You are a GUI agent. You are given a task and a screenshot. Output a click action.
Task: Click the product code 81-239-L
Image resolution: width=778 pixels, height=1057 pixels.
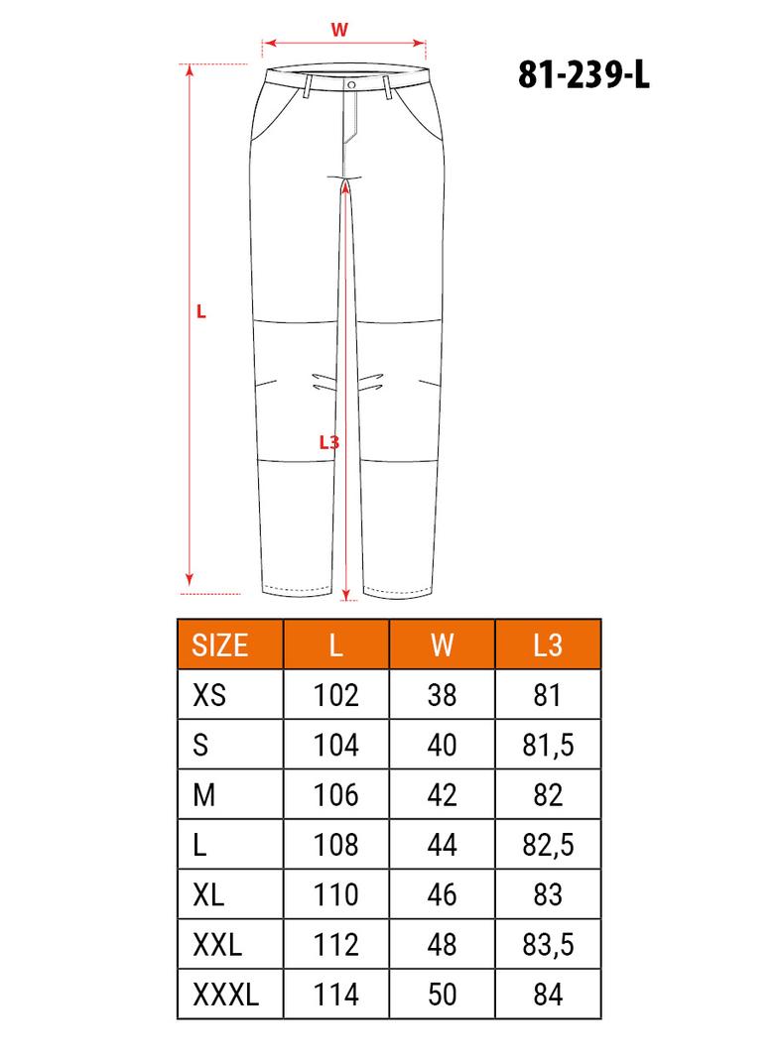pos(583,74)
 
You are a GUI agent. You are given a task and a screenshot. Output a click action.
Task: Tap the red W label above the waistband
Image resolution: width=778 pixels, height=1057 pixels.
pos(339,30)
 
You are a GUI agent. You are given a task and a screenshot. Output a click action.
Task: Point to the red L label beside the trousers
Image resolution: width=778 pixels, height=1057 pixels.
pos(201,311)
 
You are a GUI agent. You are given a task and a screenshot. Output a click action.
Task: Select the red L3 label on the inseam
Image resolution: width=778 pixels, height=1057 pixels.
pos(329,442)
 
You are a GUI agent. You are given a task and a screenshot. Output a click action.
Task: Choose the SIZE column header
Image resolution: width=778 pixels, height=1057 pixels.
pos(220,645)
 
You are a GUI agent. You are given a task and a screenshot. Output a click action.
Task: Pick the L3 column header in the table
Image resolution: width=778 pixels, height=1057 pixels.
pos(548,645)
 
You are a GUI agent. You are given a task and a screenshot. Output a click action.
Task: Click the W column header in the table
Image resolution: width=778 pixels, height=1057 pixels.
pos(443,645)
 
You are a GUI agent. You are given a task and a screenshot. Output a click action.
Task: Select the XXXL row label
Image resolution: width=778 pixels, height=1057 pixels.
pos(225,995)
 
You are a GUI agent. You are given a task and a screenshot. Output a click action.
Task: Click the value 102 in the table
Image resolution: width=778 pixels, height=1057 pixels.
pos(336,695)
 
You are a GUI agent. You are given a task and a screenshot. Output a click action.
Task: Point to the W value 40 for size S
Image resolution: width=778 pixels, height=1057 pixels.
pos(443,745)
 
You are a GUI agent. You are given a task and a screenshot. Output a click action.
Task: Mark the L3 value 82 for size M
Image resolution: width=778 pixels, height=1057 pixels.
pos(548,794)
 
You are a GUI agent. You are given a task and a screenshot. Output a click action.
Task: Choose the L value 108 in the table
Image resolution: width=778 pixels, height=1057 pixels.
pos(336,845)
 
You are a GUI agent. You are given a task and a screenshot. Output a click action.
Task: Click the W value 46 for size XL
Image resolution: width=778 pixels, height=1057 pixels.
pos(443,894)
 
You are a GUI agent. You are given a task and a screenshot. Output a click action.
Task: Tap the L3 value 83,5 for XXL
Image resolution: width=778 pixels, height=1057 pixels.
pos(548,945)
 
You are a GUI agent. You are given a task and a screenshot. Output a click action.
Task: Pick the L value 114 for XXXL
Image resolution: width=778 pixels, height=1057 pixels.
pos(336,995)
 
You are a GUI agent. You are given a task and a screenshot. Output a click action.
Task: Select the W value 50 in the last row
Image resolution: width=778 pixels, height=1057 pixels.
pos(443,995)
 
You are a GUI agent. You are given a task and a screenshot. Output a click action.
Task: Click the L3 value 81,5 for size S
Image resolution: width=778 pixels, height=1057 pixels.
pos(548,745)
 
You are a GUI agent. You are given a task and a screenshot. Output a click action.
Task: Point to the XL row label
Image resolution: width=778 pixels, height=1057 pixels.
pos(208,894)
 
